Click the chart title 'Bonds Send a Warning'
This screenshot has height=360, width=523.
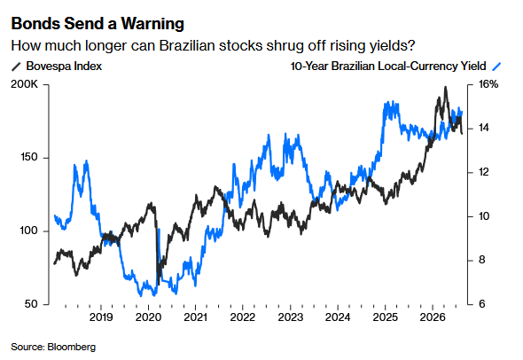click(98, 24)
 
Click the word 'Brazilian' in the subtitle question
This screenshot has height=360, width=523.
click(186, 46)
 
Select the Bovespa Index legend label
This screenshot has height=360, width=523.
click(64, 67)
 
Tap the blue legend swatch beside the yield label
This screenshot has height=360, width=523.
click(496, 67)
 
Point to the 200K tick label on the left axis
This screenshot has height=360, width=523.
click(25, 84)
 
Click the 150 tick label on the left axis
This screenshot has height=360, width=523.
click(29, 157)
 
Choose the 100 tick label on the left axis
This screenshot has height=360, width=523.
click(29, 231)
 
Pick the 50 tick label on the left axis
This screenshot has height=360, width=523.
click(31, 304)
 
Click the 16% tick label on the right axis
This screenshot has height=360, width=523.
click(488, 84)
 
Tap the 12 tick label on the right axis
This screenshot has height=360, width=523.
click(484, 172)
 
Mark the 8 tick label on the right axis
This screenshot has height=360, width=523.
click(482, 260)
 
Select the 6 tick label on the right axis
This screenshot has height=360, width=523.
click(482, 304)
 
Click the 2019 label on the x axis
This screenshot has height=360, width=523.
click(101, 317)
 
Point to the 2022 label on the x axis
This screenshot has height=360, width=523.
click(243, 317)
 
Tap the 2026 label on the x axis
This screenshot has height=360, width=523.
click(433, 317)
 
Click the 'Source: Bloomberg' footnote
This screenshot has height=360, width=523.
click(53, 347)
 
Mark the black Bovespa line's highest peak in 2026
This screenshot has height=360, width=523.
click(445, 87)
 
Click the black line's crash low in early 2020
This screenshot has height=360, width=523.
click(159, 285)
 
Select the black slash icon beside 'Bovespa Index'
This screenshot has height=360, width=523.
click(16, 67)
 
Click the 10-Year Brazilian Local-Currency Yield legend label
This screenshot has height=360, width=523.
click(388, 67)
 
